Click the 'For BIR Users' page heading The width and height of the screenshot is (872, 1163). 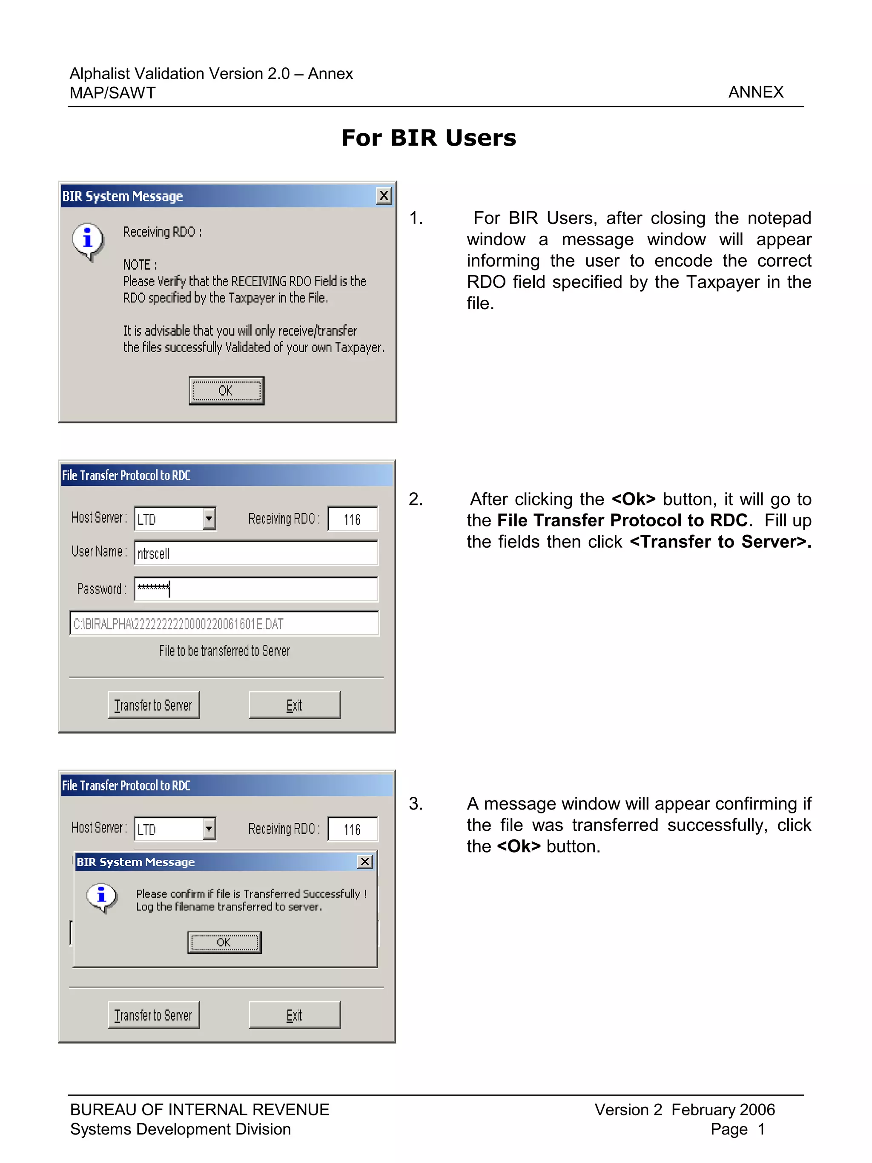428,138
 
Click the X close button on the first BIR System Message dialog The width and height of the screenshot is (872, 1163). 384,196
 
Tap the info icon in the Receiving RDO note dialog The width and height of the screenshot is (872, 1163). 88,240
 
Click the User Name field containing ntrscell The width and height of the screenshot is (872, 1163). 255,553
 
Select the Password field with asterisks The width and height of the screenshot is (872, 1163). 255,589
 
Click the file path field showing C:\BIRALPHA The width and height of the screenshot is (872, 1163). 224,623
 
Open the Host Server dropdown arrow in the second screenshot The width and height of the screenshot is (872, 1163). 209,519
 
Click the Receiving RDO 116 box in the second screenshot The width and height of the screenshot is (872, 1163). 352,520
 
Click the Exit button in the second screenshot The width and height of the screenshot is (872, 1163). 294,705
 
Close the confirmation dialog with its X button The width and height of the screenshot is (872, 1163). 365,861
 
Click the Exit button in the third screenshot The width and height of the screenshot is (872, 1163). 294,1015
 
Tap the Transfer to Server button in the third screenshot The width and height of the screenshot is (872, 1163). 153,1015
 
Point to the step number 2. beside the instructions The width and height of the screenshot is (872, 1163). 416,499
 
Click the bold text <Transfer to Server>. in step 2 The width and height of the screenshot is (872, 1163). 720,542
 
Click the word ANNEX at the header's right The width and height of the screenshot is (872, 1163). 755,92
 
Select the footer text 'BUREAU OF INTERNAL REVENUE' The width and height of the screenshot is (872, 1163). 200,1109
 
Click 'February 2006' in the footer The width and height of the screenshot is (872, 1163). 723,1109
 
